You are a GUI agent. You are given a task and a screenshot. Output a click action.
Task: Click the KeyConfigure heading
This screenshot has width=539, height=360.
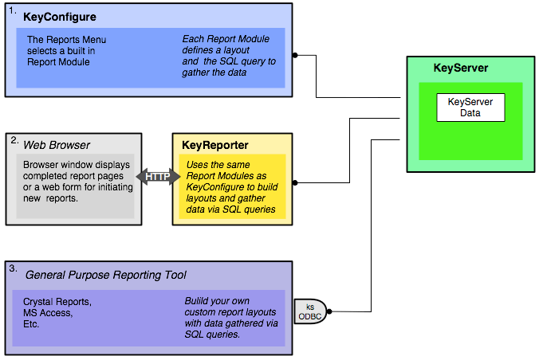(60, 16)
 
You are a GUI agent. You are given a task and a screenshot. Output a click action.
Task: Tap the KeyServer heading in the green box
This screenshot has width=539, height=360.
(460, 68)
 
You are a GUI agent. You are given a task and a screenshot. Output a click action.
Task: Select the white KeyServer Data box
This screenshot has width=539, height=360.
(470, 108)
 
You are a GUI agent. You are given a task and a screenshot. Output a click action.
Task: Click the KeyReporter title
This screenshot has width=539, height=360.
(215, 145)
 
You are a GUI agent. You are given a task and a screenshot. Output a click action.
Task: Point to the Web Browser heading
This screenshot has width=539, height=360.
(56, 144)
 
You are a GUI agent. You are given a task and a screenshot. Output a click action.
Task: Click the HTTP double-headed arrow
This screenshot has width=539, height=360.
(158, 177)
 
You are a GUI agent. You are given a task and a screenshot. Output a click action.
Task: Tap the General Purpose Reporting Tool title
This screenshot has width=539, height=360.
(106, 275)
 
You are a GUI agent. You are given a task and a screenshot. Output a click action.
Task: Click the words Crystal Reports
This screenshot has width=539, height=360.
(57, 303)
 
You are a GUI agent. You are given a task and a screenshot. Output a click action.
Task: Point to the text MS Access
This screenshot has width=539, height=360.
(48, 314)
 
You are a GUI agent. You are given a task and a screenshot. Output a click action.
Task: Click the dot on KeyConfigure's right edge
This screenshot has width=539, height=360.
(295, 56)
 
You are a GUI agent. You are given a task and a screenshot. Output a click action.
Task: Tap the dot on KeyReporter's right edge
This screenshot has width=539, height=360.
(295, 183)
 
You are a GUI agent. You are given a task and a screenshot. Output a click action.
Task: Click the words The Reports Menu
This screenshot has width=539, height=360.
(66, 39)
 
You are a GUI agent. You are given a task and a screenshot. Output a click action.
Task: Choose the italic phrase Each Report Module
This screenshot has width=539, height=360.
(224, 39)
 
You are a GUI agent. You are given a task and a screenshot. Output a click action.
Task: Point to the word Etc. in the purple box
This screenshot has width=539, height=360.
(32, 325)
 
